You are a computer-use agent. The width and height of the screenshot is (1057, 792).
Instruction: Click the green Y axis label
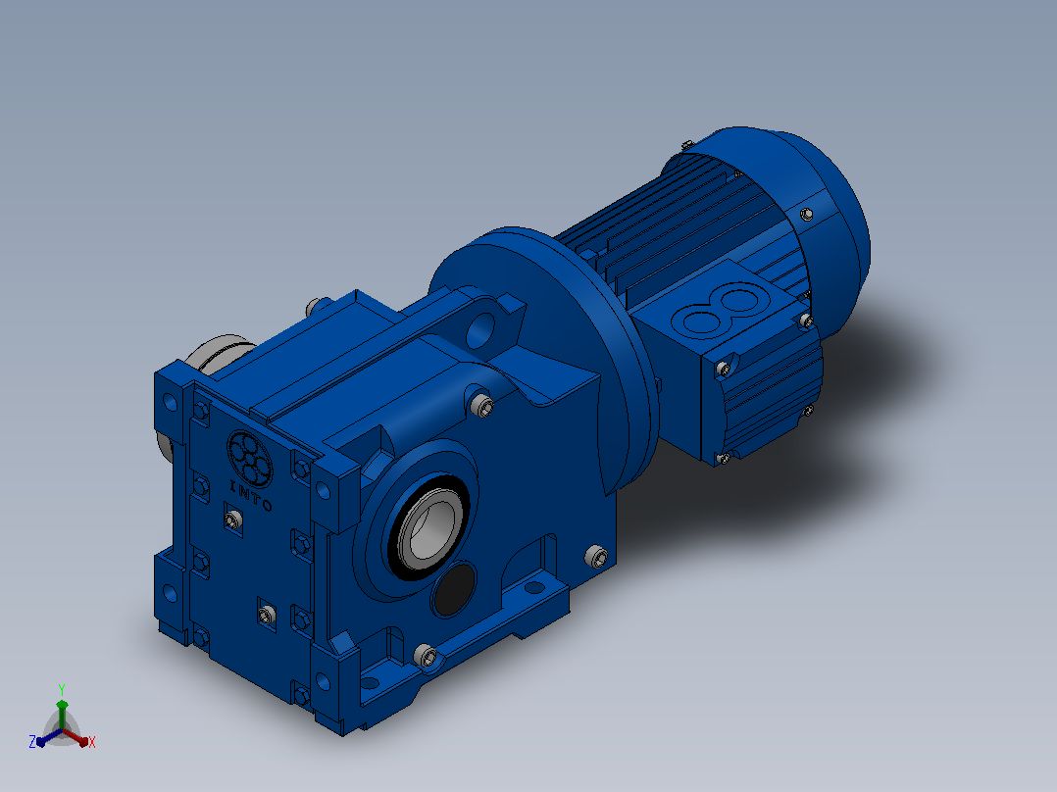(62, 689)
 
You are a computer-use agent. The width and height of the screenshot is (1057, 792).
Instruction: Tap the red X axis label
(92, 742)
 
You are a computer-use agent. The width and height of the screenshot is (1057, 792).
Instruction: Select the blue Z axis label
(32, 741)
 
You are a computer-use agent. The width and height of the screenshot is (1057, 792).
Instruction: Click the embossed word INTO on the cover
(251, 495)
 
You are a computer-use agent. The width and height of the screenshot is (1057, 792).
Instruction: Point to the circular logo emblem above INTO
(249, 459)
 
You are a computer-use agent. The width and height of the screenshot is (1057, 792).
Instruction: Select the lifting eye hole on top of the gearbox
(480, 328)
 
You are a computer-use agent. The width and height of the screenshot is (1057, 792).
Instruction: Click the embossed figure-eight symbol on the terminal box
(722, 310)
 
